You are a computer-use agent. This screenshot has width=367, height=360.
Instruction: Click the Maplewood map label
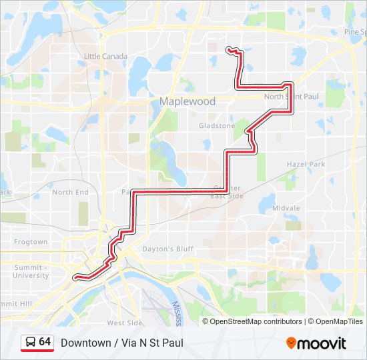[178, 101]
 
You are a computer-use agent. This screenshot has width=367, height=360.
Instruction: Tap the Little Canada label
[106, 57]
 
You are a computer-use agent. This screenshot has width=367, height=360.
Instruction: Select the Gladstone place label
[217, 125]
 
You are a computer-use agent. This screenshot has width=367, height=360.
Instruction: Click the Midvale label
[286, 208]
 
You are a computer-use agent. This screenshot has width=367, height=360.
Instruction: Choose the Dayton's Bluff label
[167, 249]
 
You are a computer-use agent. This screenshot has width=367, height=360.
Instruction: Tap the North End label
[70, 192]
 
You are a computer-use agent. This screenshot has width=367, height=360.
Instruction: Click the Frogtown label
[31, 242]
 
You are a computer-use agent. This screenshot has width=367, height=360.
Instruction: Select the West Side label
[124, 323]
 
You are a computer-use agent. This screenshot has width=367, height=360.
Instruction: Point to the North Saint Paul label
[292, 97]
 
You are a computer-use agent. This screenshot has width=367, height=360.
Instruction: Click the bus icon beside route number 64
[30, 342]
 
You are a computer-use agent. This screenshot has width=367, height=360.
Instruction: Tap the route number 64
[45, 342]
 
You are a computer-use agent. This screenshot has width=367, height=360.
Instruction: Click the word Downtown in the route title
[85, 343]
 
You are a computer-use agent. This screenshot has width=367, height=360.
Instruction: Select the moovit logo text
[322, 343]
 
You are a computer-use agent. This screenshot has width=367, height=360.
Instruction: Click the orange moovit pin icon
[291, 343]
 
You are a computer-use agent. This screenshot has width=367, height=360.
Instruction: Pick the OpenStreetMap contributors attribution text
[256, 321]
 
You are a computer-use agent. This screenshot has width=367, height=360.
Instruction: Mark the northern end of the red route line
[229, 49]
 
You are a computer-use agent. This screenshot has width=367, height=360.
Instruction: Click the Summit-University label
[31, 271]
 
